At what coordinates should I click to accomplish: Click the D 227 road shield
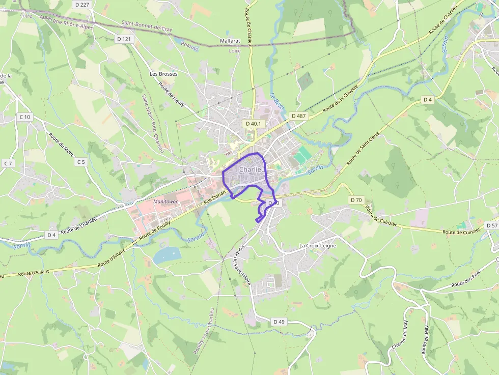point(81,5)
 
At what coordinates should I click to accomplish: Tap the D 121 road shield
point(124,39)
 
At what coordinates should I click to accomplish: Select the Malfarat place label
point(230,41)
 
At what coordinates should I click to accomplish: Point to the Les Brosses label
point(163,74)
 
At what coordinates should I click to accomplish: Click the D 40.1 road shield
point(253,123)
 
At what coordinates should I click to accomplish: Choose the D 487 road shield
point(299,116)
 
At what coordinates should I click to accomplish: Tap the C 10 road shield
point(25,117)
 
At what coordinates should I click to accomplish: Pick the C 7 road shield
point(8,163)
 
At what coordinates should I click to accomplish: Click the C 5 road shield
point(81,162)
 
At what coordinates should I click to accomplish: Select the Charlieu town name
point(251,169)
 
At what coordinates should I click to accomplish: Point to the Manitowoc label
point(169,201)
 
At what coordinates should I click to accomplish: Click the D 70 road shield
point(356,200)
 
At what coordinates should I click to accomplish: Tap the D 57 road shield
point(492,225)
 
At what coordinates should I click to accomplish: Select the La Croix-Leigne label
point(318,245)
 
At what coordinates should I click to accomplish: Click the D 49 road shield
point(279,322)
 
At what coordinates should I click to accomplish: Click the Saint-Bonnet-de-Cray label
point(147,26)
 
